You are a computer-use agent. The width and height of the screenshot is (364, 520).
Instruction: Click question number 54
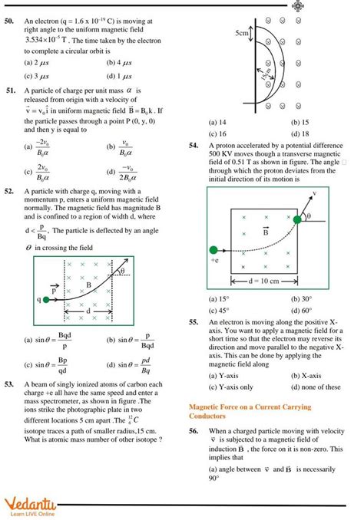tap(193, 144)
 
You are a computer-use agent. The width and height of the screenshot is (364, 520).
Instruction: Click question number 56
tap(193, 432)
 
